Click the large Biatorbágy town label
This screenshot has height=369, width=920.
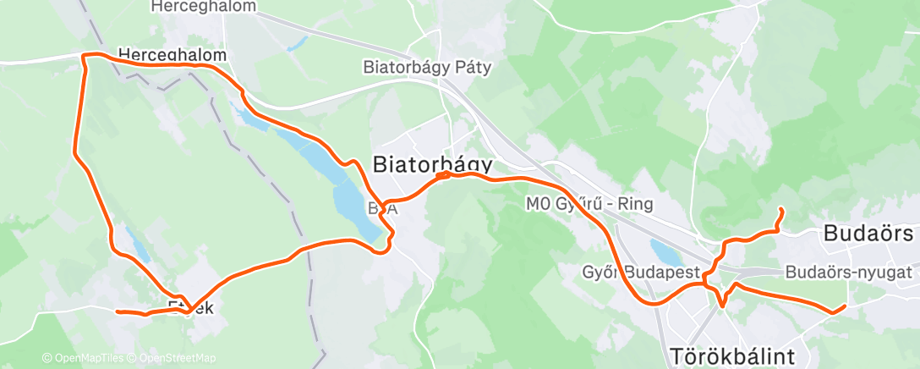(433, 162)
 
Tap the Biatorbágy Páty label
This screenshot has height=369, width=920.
(427, 67)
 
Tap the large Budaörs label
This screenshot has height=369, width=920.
(870, 234)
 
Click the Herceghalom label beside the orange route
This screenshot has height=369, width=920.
(172, 55)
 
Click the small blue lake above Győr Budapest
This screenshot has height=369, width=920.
(662, 251)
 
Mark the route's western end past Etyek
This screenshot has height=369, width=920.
(117, 311)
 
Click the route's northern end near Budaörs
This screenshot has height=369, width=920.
(780, 209)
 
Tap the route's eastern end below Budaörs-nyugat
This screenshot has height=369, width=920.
(844, 306)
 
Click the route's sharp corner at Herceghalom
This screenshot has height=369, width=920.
(83, 56)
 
